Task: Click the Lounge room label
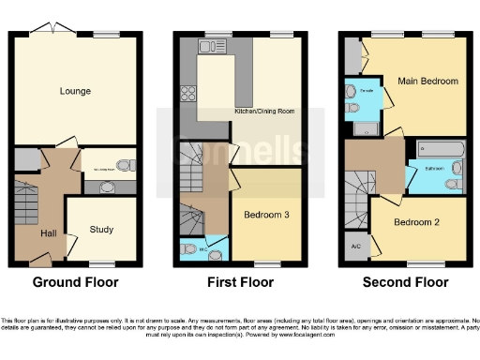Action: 74,91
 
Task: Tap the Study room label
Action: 102,229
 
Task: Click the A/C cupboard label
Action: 355,247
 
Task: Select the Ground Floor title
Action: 74,281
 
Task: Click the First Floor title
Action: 241,281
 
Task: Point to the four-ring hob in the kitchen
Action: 187,93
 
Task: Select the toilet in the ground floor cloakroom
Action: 126,166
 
